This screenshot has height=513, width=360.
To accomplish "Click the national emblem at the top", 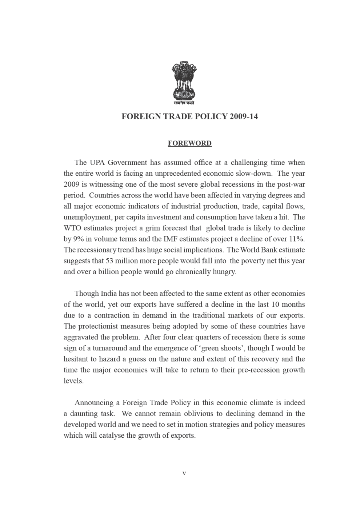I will (184, 80).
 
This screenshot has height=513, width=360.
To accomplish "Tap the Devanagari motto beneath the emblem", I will (184, 103).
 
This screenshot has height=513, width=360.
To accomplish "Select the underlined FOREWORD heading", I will (189, 143).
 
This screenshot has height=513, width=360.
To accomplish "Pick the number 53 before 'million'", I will (110, 261).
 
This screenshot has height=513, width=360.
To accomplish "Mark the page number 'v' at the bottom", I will (184, 473).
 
